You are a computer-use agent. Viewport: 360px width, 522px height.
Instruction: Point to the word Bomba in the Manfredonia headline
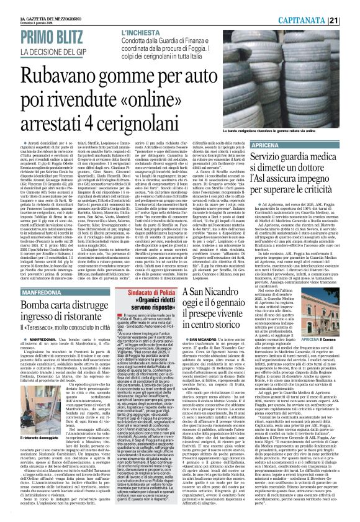(29, 270)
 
